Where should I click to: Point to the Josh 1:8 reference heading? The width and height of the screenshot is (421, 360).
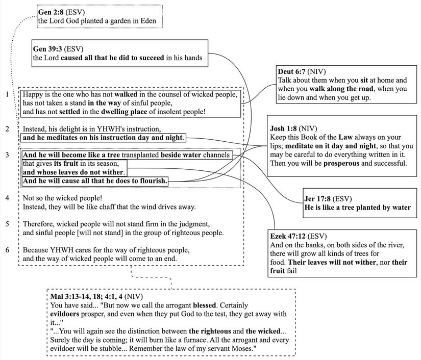[x=283, y=128]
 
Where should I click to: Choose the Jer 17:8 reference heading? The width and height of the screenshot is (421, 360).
[x=317, y=198]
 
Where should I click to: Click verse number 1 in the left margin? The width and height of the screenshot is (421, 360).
[x=7, y=94]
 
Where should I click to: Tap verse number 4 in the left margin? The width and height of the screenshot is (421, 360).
[x=7, y=197]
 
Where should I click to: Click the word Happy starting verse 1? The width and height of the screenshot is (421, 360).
[x=33, y=95]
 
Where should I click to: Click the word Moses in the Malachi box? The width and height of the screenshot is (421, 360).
[x=242, y=348]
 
